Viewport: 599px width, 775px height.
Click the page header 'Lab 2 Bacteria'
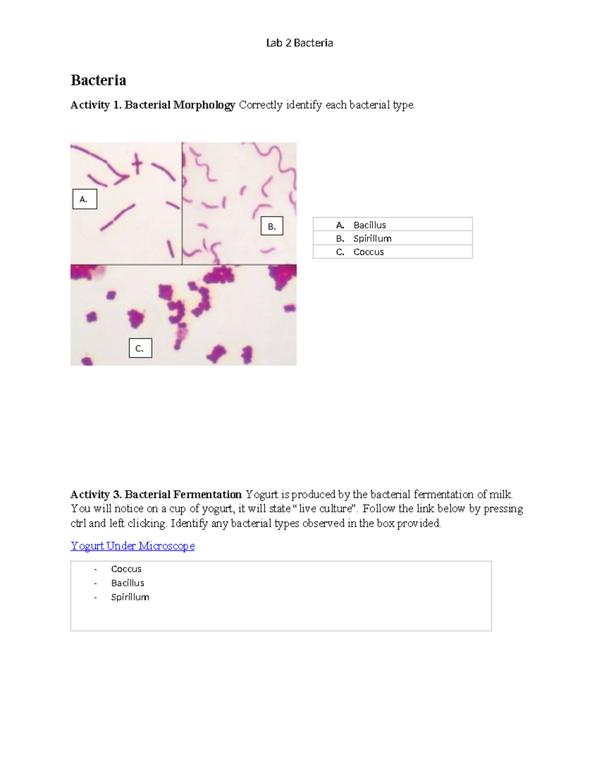[x=299, y=43]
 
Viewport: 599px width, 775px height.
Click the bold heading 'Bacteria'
[x=98, y=80]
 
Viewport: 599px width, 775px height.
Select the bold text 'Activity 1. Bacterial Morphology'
[x=153, y=105]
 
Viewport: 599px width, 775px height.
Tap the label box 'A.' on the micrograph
[x=84, y=199]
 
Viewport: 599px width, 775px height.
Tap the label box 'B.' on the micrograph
[x=272, y=226]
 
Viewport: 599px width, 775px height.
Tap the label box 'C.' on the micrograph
[x=140, y=348]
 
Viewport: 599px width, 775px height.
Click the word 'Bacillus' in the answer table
[x=369, y=225]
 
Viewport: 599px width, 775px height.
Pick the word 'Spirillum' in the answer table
[x=372, y=239]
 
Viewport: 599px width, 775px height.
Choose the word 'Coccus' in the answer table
[x=368, y=252]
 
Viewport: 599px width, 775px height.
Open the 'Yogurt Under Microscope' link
[x=133, y=546]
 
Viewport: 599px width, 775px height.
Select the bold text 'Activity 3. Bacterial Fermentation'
[x=156, y=495]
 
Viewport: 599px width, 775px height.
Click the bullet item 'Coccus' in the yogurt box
[x=126, y=569]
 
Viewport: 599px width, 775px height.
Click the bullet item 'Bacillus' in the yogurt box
[x=128, y=583]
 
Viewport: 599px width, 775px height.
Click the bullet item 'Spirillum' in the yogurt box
[x=130, y=597]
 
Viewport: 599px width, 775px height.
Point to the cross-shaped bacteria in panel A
[x=137, y=164]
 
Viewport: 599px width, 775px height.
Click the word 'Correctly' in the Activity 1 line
[x=261, y=105]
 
